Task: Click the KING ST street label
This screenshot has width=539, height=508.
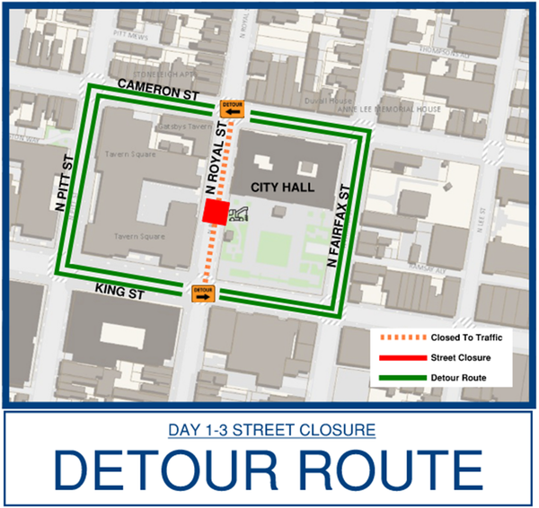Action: (x=128, y=290)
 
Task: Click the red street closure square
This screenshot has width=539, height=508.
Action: (x=215, y=213)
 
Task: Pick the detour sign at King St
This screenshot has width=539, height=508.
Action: (x=203, y=293)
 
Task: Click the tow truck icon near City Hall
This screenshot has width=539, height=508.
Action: (x=240, y=214)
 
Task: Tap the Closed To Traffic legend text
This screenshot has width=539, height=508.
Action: (x=466, y=337)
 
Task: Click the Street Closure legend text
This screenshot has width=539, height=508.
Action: (x=460, y=357)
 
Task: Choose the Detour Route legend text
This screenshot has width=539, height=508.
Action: (x=458, y=377)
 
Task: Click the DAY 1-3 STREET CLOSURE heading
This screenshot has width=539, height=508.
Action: (x=270, y=431)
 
